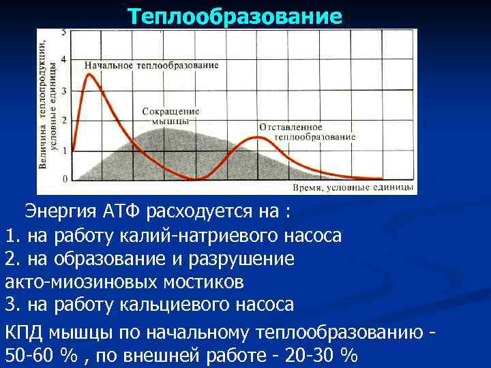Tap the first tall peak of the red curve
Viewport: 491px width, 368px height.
tap(88, 74)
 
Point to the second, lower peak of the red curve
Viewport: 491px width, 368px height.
tap(256, 137)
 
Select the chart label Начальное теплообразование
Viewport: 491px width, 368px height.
tap(151, 65)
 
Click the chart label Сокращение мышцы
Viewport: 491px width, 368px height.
tap(170, 115)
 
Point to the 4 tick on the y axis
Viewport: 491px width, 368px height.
tap(64, 60)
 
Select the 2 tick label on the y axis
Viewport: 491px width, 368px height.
tap(64, 120)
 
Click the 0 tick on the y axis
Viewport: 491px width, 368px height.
tap(64, 179)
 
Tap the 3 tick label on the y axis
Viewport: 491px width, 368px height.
tap(64, 90)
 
